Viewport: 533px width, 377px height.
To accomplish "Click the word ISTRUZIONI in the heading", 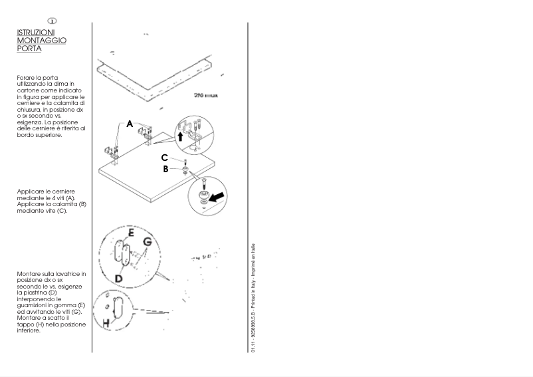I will coord(36,32).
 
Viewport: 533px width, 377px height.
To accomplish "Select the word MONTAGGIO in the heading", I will coord(41,40).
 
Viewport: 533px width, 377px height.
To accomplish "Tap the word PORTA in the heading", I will coord(29,49).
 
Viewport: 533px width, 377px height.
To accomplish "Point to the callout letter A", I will coord(130,123).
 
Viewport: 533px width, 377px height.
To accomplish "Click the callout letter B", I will coord(166,168).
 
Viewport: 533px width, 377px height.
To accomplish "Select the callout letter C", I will coord(163,158).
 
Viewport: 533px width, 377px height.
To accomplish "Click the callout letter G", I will coord(148,242).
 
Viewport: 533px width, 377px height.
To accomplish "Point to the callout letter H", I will coord(106,322).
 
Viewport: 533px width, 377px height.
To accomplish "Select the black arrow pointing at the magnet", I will coord(217,195).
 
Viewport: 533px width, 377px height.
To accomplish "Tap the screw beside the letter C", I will coord(185,162).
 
